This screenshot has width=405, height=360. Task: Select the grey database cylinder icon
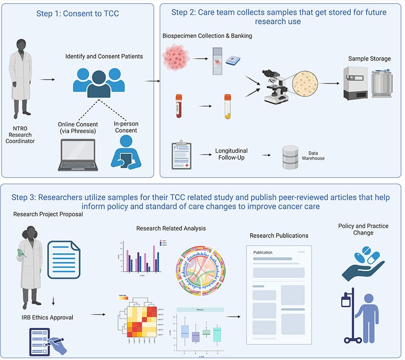coord(289,158)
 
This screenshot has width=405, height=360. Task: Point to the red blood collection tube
coord(179,105)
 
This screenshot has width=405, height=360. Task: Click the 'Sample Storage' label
coord(369,59)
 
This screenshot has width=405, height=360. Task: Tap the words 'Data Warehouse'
coord(313,155)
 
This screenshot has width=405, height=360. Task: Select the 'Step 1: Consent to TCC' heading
coord(78,13)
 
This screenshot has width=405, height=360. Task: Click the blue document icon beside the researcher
coord(64,260)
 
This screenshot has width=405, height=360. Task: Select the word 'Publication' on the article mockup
coord(263,252)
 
